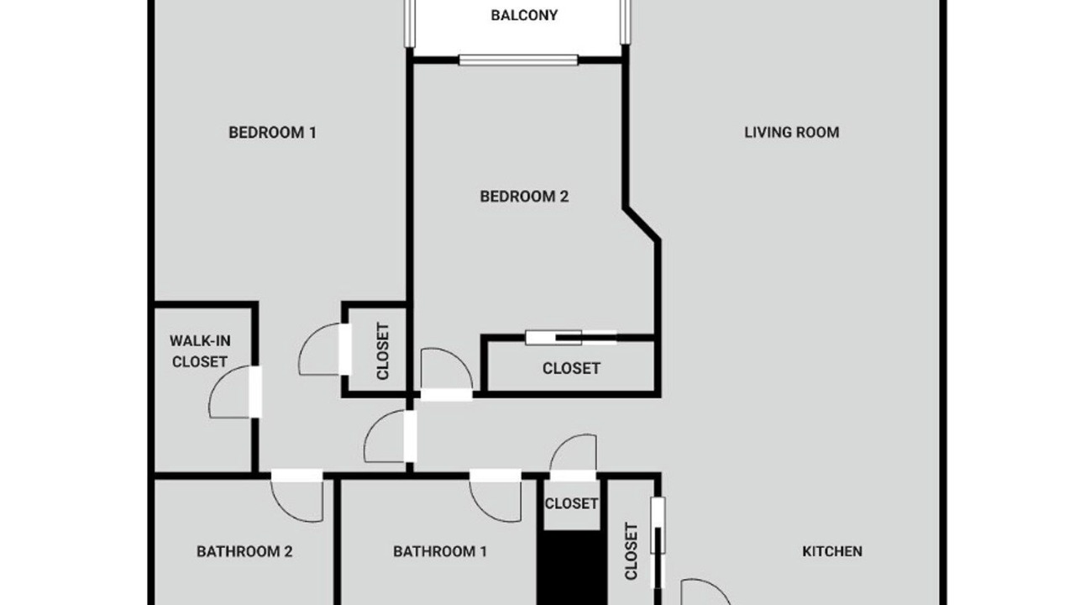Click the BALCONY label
tap(524, 15)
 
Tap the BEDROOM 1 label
tap(273, 133)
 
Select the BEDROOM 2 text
tap(524, 197)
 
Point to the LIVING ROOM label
tap(792, 133)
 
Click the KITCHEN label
tap(832, 551)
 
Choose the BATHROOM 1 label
tap(440, 551)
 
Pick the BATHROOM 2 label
tap(244, 551)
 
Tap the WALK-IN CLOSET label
tap(200, 351)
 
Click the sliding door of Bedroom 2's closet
tap(571, 338)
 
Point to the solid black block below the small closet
tap(572, 567)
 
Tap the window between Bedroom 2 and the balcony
tap(518, 60)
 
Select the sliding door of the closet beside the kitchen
tap(658, 543)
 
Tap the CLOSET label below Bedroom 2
tap(571, 368)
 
